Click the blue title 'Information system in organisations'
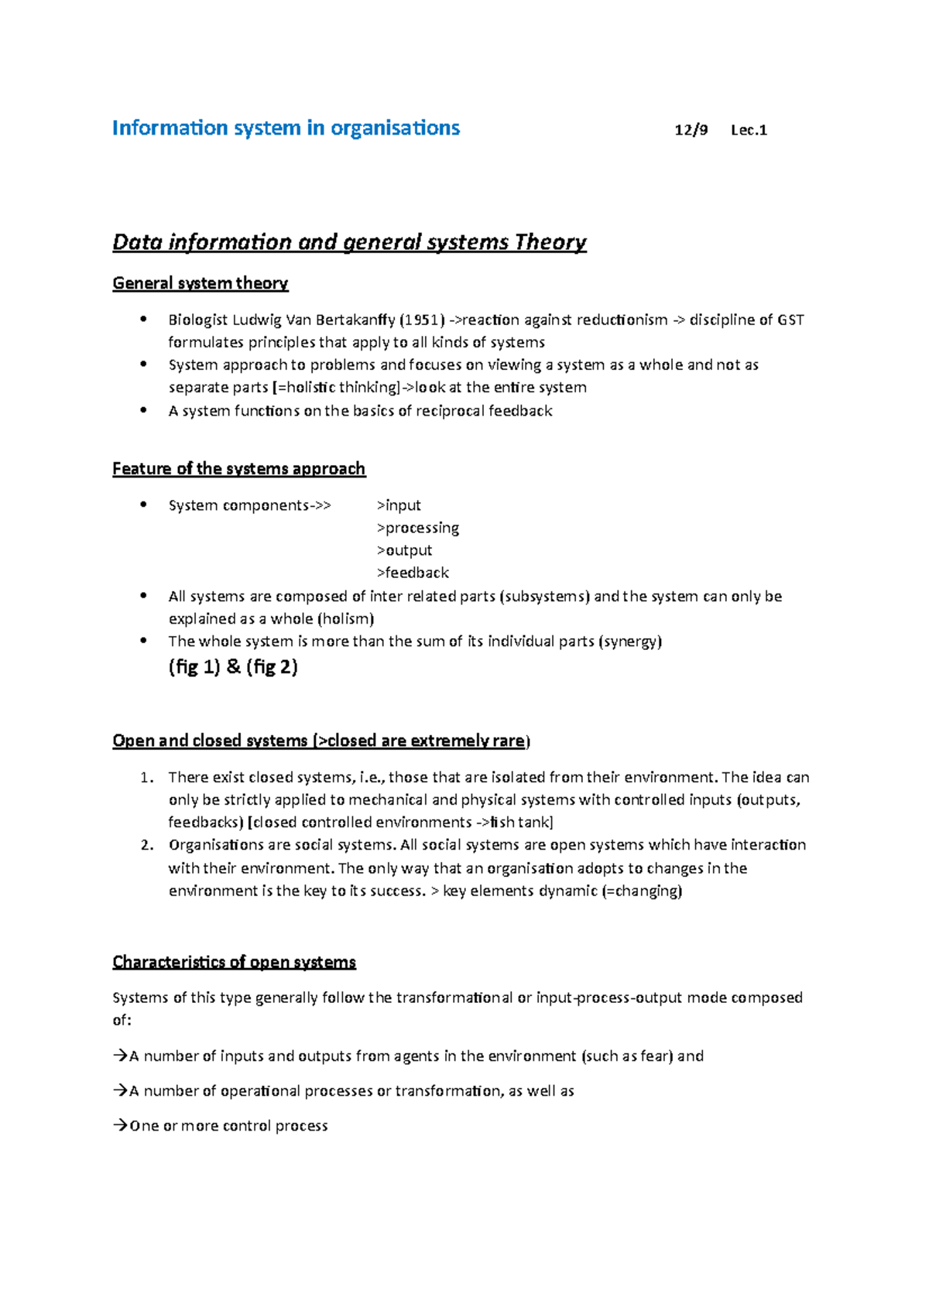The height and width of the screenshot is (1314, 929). point(286,128)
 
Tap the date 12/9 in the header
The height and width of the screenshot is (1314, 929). point(691,130)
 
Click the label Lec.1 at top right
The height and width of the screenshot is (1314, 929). point(749,130)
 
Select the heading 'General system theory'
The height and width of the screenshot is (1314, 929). point(200,283)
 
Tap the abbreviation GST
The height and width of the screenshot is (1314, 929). point(790,320)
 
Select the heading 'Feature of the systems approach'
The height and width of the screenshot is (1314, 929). point(238,469)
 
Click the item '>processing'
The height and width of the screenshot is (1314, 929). point(418,528)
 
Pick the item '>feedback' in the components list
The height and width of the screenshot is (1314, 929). point(413,573)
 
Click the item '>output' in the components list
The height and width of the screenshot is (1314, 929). point(404,550)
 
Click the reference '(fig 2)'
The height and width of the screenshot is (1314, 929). point(272,667)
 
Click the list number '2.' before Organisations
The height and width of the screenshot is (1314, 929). point(147,845)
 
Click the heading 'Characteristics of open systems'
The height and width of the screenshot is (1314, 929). point(234,962)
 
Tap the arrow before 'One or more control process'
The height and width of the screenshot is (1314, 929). point(120,1125)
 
